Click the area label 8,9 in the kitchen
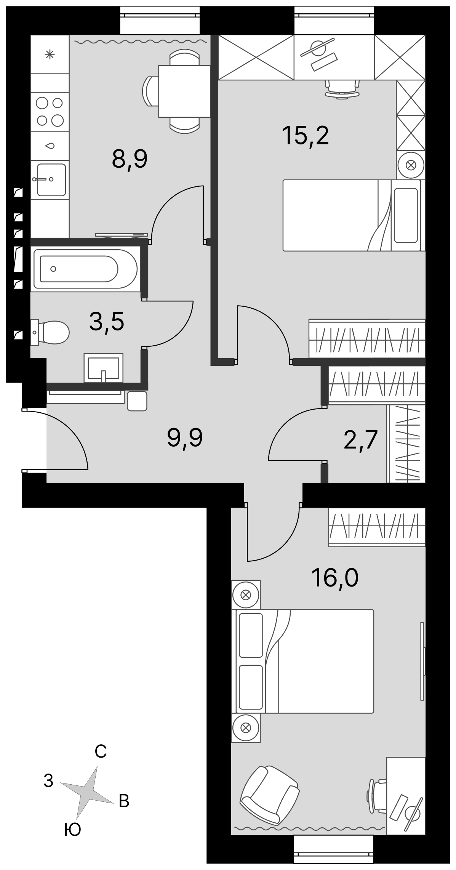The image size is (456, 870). tap(130, 159)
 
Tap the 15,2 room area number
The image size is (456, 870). tap(306, 136)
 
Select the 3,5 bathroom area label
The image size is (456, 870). tap(107, 322)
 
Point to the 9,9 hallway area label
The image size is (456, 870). tap(185, 438)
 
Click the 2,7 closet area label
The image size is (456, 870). tap(360, 441)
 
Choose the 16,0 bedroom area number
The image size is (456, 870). tap(335, 578)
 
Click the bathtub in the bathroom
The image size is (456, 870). tap(85, 269)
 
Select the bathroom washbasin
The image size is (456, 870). tap(104, 367)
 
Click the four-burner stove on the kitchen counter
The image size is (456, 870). tap(50, 112)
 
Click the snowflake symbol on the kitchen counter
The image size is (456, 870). tap(50, 55)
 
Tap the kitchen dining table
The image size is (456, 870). tap(184, 91)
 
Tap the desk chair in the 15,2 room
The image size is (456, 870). tap(342, 89)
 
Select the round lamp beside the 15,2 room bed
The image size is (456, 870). tap(410, 165)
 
